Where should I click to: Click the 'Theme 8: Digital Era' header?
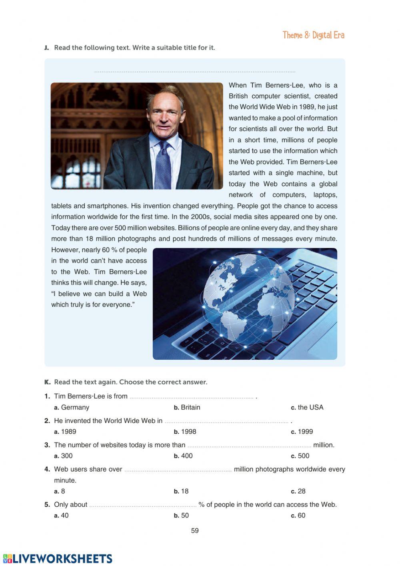[x=313, y=35]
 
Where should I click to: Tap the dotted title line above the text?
[x=195, y=72]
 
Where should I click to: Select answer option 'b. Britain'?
[x=187, y=407]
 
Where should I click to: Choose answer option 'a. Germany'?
[x=72, y=407]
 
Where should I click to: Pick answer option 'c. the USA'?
[x=307, y=407]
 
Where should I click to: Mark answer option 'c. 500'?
[x=300, y=456]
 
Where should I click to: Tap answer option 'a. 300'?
[x=64, y=456]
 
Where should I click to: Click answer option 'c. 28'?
[x=298, y=491]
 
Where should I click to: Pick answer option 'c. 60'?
[x=298, y=516]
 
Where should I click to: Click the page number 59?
[x=195, y=531]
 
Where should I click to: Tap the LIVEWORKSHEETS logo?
[x=58, y=559]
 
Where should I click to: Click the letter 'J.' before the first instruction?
[x=47, y=48]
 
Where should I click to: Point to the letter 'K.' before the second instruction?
[x=47, y=382]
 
